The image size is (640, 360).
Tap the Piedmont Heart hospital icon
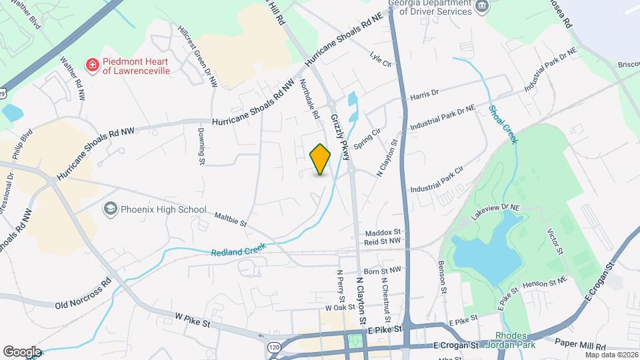93,65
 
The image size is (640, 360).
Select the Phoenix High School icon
110,209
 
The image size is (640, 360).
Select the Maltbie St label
231,219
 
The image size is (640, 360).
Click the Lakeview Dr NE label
494,212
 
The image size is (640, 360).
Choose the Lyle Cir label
379,59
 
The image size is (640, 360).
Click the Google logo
22,351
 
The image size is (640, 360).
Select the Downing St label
201,146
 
